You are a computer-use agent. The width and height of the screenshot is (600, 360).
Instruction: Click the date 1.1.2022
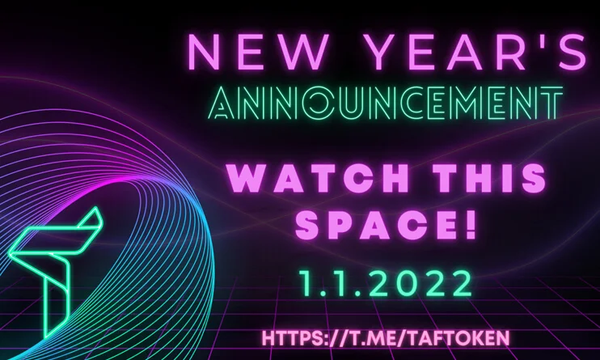(x=386, y=283)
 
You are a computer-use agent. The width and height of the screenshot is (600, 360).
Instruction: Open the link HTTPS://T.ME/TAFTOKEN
(x=386, y=338)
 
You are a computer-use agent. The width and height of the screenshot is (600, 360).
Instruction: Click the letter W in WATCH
(x=247, y=178)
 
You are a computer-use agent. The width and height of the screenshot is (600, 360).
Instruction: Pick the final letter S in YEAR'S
(x=571, y=52)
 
